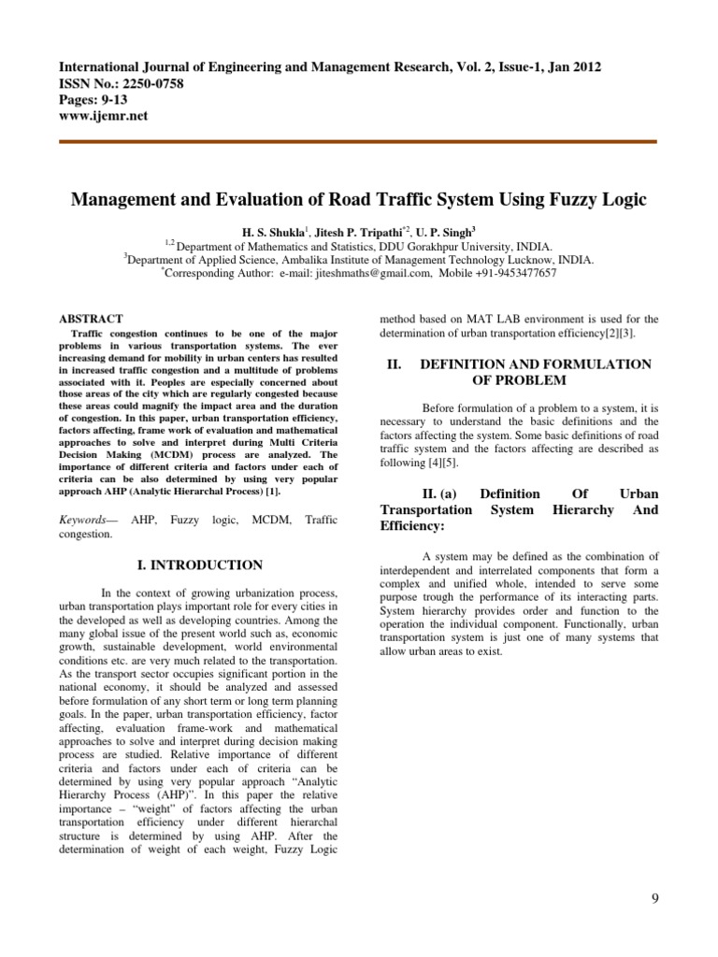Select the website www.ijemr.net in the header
coord(103,116)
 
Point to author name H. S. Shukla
coord(275,230)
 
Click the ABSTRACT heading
coord(91,319)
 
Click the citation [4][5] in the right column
coord(445,463)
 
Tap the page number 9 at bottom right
coord(654,899)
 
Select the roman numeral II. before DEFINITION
coord(395,364)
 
